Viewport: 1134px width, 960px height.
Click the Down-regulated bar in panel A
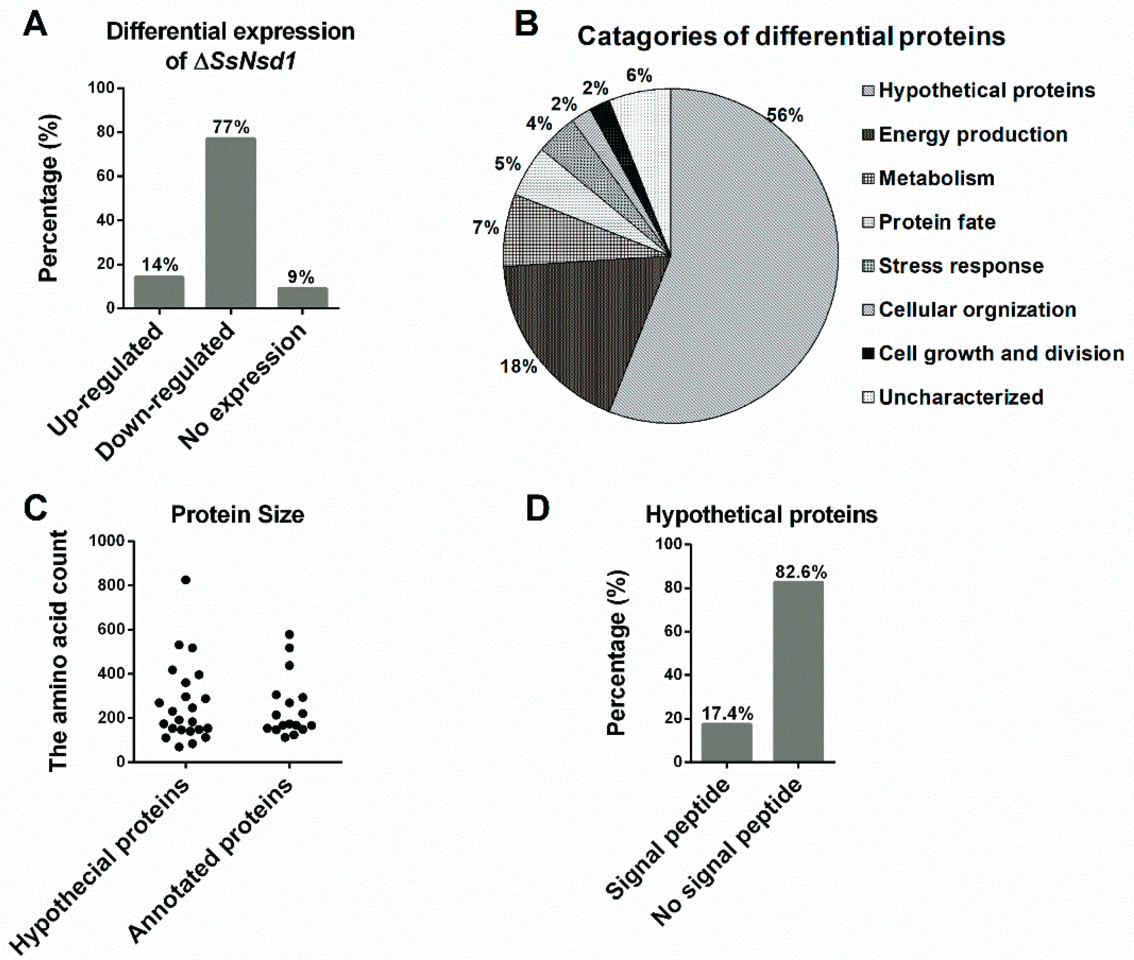(x=230, y=223)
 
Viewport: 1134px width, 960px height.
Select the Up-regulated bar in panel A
(x=159, y=292)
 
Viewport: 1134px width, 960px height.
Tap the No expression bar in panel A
(x=302, y=298)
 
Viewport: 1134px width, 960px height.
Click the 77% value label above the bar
(x=231, y=127)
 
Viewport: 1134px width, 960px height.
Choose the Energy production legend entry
(x=965, y=135)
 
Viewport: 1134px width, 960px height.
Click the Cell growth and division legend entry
(x=993, y=354)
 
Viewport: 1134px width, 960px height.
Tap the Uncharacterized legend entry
(x=953, y=397)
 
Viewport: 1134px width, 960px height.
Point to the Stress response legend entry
(x=953, y=266)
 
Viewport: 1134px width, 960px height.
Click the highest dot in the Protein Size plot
(x=186, y=580)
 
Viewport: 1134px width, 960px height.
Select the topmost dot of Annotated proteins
(x=290, y=635)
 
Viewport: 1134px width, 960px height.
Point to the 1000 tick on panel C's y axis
(x=107, y=541)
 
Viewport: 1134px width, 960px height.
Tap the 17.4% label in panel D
(x=727, y=713)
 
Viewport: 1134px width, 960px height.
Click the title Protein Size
(x=237, y=515)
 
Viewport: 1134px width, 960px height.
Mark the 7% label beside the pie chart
(x=486, y=228)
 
